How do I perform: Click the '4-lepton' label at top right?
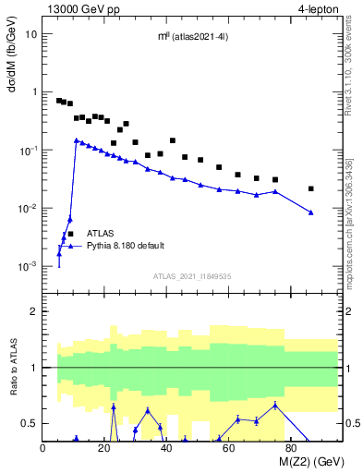[x=319, y=8]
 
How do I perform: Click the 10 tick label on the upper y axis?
[x=31, y=34]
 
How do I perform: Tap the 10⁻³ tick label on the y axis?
[x=28, y=266]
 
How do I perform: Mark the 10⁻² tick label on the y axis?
[x=28, y=208]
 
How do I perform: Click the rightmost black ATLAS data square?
[x=311, y=188]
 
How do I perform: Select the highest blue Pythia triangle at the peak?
[x=76, y=140]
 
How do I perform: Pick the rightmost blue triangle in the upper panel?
[x=311, y=212]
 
